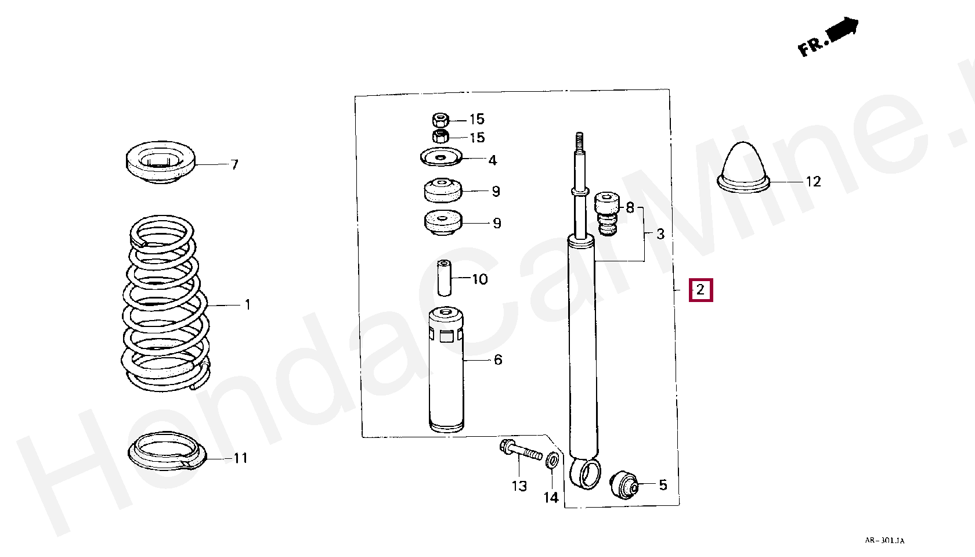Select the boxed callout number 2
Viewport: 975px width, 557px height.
point(701,290)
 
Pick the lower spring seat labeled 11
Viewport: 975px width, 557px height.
point(166,451)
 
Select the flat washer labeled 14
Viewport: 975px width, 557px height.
point(552,461)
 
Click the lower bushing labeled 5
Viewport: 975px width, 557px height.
point(625,485)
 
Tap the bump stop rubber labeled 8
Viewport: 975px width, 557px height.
point(607,214)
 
